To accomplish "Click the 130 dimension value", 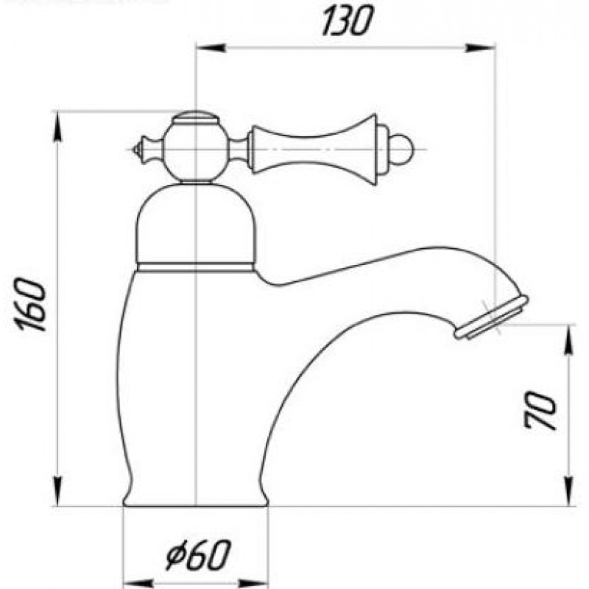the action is pos(348,21).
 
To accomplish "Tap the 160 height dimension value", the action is pos(31,304).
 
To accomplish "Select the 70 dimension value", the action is pos(540,410).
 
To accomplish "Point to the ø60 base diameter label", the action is pos(197,556).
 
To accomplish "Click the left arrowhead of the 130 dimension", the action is pos(211,48).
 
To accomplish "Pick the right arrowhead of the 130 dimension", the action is pos(481,48).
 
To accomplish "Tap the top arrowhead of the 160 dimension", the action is pos(58,127).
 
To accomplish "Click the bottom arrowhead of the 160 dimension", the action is pos(58,491).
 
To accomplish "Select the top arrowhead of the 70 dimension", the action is pos(570,339).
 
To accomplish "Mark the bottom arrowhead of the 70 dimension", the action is pos(570,492).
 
